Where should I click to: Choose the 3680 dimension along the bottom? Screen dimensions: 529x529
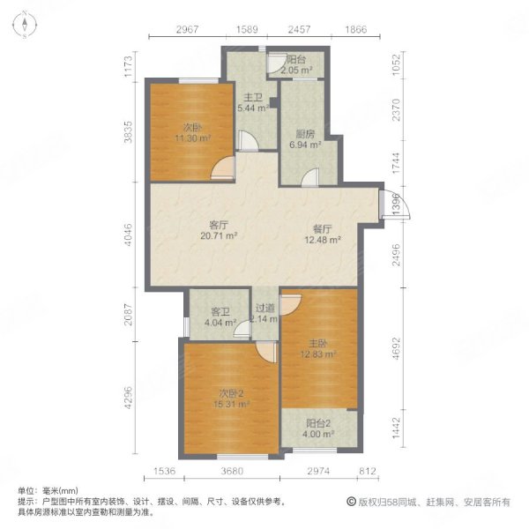232,472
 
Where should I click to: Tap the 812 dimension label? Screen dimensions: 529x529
368,472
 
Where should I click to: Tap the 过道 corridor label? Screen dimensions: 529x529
264,308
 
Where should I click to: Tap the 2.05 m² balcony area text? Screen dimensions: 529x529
300,70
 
